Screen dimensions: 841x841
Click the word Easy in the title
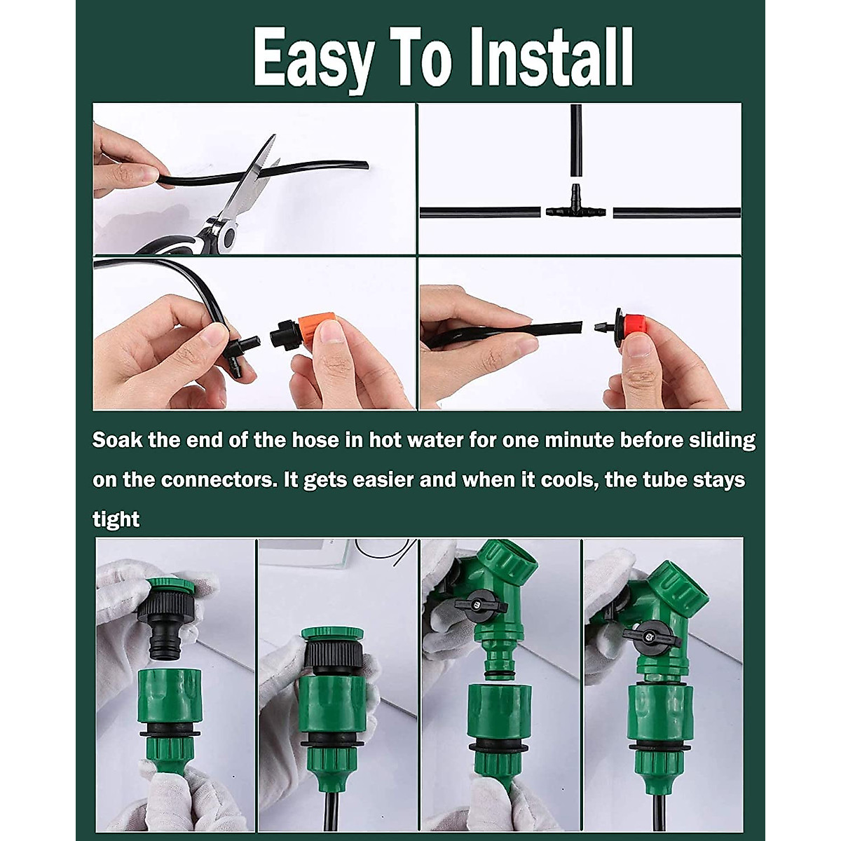point(313,60)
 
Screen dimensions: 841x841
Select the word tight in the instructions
point(116,519)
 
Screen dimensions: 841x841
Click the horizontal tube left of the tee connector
point(481,212)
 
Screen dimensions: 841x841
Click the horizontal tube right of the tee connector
point(676,212)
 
